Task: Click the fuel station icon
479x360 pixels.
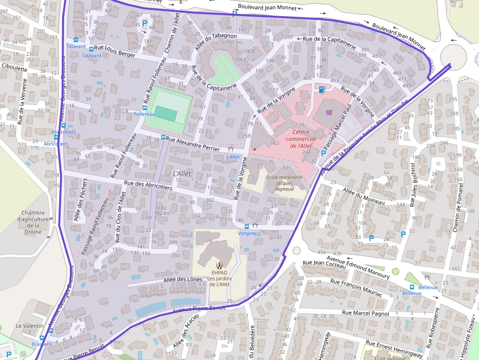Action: pyautogui.click(x=322, y=89)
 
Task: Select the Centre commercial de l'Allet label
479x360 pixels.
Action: pyautogui.click(x=301, y=139)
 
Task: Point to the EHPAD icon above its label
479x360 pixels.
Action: pyautogui.click(x=218, y=265)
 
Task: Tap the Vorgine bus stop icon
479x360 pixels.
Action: pyautogui.click(x=246, y=226)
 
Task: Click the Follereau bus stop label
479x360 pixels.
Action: pyautogui.click(x=144, y=114)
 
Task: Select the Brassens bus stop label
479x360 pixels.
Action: pyautogui.click(x=42, y=344)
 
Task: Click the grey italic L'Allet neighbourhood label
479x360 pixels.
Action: pyautogui.click(x=182, y=173)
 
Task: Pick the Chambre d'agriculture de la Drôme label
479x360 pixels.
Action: pyautogui.click(x=33, y=222)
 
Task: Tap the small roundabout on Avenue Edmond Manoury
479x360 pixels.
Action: pyautogui.click(x=296, y=251)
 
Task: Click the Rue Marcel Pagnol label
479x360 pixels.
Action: pyautogui.click(x=365, y=313)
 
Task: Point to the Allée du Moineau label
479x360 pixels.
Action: pyautogui.click(x=364, y=196)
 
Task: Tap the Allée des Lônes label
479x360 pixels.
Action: pyautogui.click(x=183, y=279)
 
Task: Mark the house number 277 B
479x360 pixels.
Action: pyautogui.click(x=121, y=111)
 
